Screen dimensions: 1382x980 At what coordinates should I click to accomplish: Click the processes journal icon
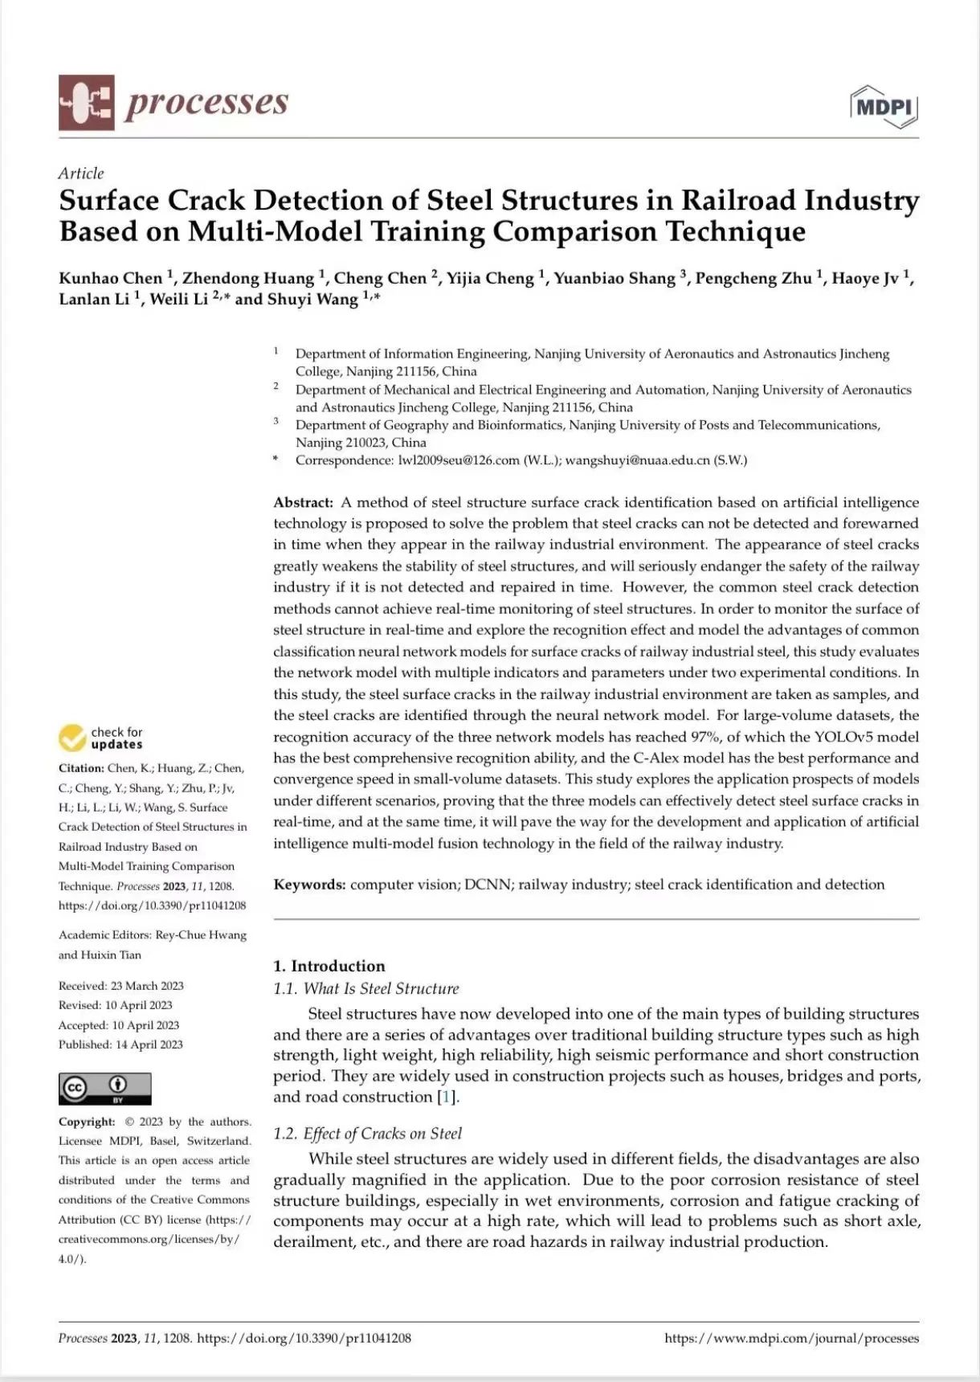click(x=86, y=103)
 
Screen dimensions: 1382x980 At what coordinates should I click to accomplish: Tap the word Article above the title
click(x=81, y=174)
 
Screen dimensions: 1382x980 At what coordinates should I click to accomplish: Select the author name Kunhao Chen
click(x=110, y=278)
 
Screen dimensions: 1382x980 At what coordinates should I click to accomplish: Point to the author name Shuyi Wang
click(x=312, y=299)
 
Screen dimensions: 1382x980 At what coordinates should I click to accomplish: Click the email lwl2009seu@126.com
click(x=459, y=460)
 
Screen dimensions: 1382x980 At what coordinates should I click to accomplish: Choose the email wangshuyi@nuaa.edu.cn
click(x=637, y=460)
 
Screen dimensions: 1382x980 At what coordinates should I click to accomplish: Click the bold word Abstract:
click(x=303, y=502)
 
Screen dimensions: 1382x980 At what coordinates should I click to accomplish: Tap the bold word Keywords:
click(x=309, y=885)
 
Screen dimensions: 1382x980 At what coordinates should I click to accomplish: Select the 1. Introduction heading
click(x=329, y=966)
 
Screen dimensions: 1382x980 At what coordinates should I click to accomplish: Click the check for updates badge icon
click(x=73, y=738)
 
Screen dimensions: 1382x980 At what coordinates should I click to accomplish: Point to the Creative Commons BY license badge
click(x=104, y=1089)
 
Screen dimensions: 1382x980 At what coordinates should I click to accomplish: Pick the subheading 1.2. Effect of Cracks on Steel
click(x=367, y=1134)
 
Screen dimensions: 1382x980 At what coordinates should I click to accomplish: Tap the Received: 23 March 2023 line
click(x=120, y=986)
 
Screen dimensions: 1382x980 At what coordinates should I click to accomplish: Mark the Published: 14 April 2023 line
click(x=120, y=1045)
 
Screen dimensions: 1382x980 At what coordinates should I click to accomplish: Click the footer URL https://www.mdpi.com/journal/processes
click(x=791, y=1339)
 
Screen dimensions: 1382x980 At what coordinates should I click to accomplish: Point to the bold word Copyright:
click(x=87, y=1122)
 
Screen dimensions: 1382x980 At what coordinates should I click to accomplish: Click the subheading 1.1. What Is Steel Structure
click(x=365, y=989)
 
